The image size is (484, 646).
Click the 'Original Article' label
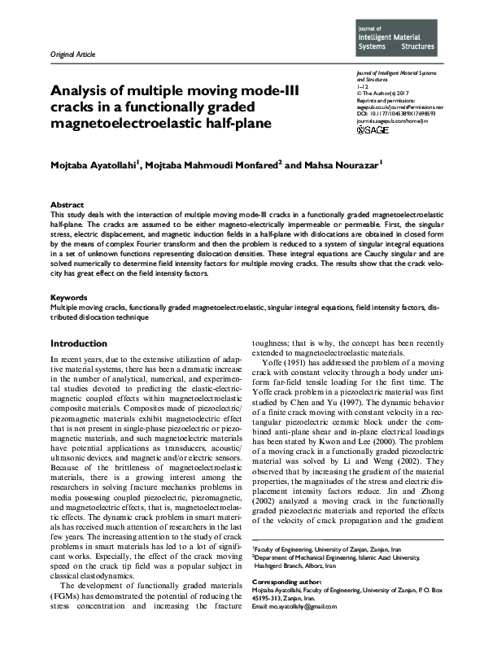coord(72,55)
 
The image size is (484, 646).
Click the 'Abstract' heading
coord(67,205)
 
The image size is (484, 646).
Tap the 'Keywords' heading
coord(69,298)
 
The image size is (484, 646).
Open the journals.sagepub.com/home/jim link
coord(394,120)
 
